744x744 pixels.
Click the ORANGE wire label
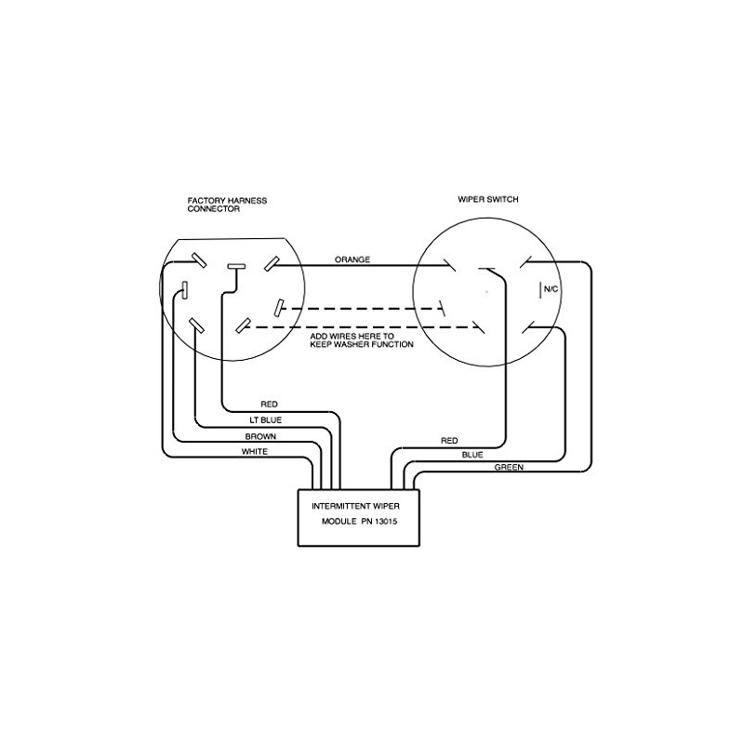coord(354,259)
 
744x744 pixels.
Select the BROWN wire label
coord(259,436)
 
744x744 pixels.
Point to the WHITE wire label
coord(255,451)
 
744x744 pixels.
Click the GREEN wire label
coord(508,467)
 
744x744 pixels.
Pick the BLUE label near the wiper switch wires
coord(473,455)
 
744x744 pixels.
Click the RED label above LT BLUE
coord(270,405)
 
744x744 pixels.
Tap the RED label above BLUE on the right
coord(449,439)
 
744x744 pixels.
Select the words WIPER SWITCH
coord(488,200)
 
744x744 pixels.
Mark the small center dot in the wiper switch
coord(486,293)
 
